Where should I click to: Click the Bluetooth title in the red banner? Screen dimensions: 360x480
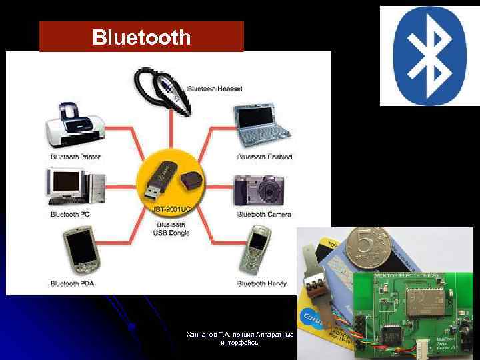pyautogui.click(x=141, y=37)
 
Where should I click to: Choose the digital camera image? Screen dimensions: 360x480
pyautogui.click(x=262, y=190)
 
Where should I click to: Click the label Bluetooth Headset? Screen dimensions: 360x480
pyautogui.click(x=215, y=88)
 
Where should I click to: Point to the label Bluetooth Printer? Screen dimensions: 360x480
pyautogui.click(x=75, y=157)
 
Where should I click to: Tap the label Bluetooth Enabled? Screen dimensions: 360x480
pyautogui.click(x=265, y=157)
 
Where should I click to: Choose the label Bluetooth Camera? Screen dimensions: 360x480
pyautogui.click(x=264, y=214)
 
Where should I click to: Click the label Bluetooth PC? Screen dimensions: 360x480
pyautogui.click(x=70, y=214)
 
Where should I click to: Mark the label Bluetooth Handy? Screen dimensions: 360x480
pyautogui.click(x=262, y=283)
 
